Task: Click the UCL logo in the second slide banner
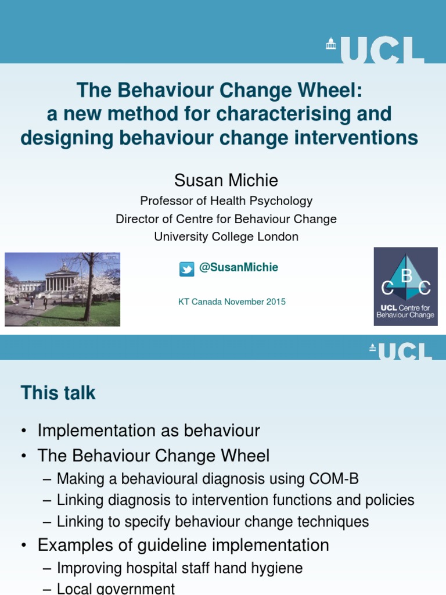(x=401, y=350)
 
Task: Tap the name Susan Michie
(x=226, y=180)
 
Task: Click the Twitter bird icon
(x=186, y=268)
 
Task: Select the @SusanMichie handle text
(x=238, y=267)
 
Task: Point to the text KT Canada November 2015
(x=231, y=302)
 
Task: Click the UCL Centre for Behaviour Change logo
(x=405, y=286)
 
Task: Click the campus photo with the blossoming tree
(x=62, y=289)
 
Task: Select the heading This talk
(x=58, y=393)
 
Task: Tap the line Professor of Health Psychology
(x=226, y=201)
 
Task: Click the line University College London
(x=226, y=236)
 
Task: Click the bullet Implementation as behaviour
(x=149, y=431)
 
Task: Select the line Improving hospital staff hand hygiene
(x=179, y=568)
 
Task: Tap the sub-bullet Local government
(x=116, y=588)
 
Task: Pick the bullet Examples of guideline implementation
(x=183, y=545)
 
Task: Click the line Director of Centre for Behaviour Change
(x=226, y=219)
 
